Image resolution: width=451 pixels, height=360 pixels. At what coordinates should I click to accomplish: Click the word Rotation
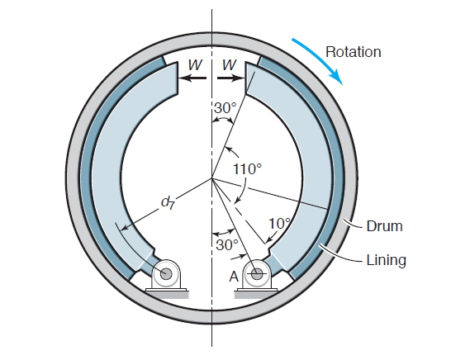tap(353, 52)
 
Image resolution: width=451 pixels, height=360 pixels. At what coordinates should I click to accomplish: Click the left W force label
tap(193, 64)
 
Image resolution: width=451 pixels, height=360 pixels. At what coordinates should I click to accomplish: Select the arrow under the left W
tap(194, 79)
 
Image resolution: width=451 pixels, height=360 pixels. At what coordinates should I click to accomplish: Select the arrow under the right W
tap(229, 79)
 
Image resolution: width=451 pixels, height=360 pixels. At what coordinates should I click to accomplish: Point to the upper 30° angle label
tap(225, 108)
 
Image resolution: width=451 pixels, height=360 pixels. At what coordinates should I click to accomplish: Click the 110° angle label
tap(247, 168)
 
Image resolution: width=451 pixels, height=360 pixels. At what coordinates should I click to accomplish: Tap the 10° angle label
tap(280, 224)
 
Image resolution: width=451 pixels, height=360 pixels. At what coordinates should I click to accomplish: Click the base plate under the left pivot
tap(168, 290)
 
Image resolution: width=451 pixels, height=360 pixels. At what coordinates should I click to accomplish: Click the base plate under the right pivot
tap(258, 290)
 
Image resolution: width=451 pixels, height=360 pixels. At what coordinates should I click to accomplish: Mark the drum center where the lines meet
tap(211, 178)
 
